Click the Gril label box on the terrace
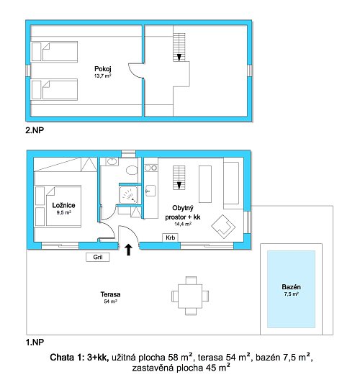(x=98, y=257)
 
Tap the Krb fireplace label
(x=171, y=237)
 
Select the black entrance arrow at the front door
(x=128, y=250)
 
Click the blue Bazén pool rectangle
(x=291, y=289)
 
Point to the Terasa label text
(x=111, y=294)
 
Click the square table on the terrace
(x=190, y=296)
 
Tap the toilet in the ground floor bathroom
(x=132, y=171)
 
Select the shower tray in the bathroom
(x=128, y=194)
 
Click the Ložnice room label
(x=63, y=205)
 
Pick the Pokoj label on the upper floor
(x=103, y=69)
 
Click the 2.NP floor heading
(x=35, y=130)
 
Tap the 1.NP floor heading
(x=35, y=343)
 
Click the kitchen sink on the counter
(x=150, y=191)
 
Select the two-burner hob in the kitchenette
(x=151, y=168)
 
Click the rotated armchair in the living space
(x=223, y=227)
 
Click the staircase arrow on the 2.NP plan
(x=179, y=58)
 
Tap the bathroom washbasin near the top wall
(x=112, y=162)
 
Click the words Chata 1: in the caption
(x=67, y=358)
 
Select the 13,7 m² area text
(x=102, y=76)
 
